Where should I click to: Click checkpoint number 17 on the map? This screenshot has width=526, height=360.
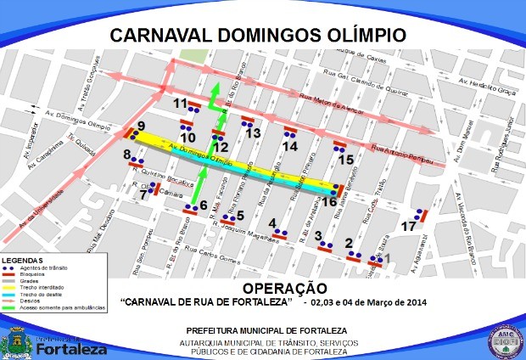tap(409, 227)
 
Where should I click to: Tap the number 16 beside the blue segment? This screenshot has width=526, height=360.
tap(327, 201)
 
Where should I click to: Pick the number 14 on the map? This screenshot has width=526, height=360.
tap(290, 145)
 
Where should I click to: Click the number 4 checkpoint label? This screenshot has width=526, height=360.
tap(273, 222)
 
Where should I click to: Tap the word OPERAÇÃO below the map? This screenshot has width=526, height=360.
tap(284, 288)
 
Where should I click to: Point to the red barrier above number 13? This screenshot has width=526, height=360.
tap(248, 119)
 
